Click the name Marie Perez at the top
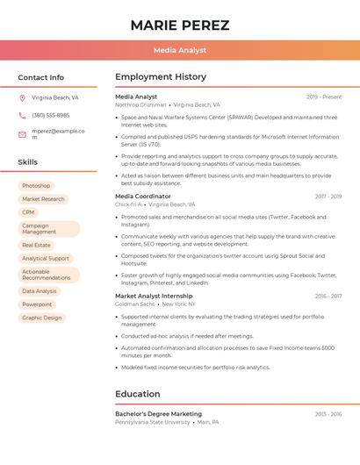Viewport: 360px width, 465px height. tap(180, 25)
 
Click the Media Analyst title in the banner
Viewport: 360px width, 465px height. tap(180, 51)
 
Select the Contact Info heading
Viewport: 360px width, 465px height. tap(40, 77)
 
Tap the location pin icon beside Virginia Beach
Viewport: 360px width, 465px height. tap(22, 98)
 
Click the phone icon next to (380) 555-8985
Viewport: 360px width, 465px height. tap(22, 115)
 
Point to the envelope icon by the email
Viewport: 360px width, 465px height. tap(22, 134)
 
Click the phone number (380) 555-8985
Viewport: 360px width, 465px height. tap(50, 115)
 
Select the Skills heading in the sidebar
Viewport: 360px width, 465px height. tap(27, 162)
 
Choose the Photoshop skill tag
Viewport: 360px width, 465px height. tap(36, 186)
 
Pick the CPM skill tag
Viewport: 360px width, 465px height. tap(29, 212)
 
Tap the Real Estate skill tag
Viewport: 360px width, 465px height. tap(36, 246)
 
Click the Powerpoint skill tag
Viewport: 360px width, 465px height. tap(37, 304)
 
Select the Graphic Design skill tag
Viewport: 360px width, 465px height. tap(42, 318)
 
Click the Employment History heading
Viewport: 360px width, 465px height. tap(161, 77)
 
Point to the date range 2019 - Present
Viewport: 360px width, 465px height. tap(324, 97)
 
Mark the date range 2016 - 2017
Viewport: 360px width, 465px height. tap(328, 297)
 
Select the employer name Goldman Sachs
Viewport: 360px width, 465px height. tap(135, 304)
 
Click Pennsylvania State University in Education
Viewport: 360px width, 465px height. tap(152, 422)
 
